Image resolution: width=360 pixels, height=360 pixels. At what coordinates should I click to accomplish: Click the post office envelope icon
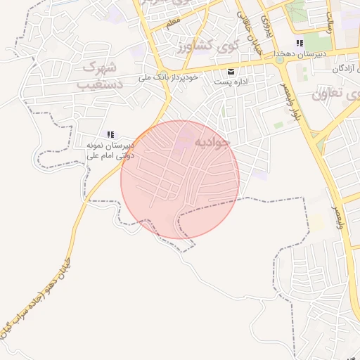(x=231, y=72)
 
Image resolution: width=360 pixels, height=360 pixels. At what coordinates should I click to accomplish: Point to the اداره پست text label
(x=231, y=83)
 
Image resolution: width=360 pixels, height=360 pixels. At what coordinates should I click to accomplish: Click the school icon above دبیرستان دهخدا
(x=300, y=43)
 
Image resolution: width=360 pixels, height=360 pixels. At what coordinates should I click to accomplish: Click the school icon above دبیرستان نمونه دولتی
(x=110, y=134)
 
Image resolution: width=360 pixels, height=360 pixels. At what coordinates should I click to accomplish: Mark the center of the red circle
(x=180, y=179)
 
